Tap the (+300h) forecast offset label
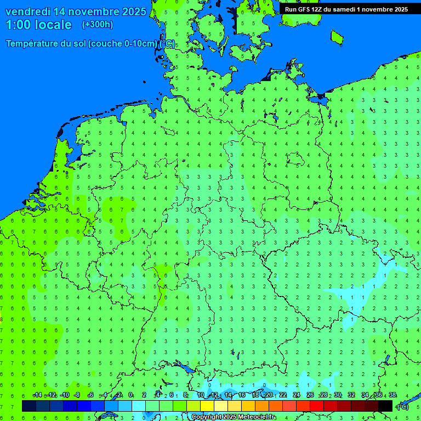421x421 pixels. [x=97, y=25]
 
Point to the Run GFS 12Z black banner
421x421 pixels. [x=346, y=9]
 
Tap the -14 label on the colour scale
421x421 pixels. [x=37, y=395]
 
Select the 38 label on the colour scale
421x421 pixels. [x=392, y=395]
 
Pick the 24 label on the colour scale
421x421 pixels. [x=296, y=395]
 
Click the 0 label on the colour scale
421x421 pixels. [x=130, y=395]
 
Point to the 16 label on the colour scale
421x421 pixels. [x=241, y=395]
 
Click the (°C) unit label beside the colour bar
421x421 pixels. [x=402, y=407]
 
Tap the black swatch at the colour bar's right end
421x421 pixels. [x=385, y=406]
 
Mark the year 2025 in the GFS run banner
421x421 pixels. [x=397, y=9]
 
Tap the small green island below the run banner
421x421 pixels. [x=337, y=37]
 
